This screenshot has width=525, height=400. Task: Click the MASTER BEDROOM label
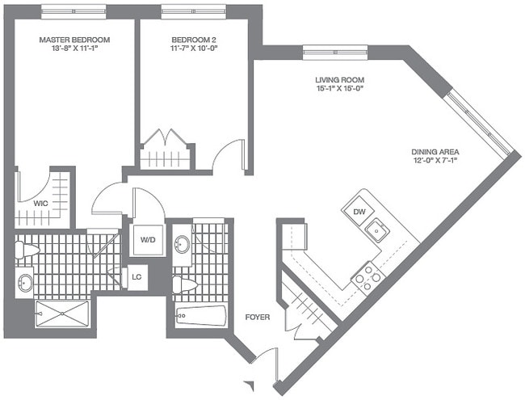pos(75,39)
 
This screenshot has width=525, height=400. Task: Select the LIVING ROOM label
pos(340,80)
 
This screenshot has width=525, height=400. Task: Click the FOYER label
pos(257,317)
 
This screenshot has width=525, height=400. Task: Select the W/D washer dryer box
pos(148,238)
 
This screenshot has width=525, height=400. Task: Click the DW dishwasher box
pos(359,211)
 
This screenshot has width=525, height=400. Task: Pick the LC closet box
pos(136,278)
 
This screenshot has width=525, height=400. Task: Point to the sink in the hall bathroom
pos(183,243)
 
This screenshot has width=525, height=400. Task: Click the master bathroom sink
pos(25,283)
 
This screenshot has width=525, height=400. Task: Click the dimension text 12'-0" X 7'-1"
pos(436,159)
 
